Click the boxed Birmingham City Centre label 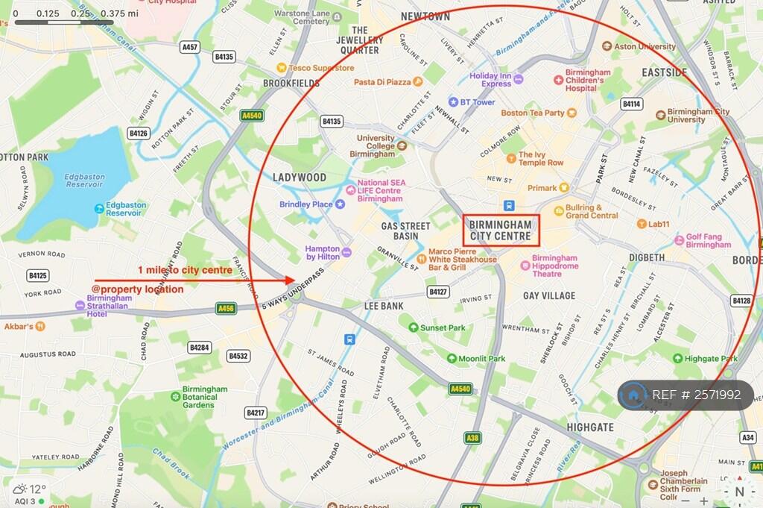(x=501, y=231)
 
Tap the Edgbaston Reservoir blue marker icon (x=99, y=208)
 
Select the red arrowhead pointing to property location (x=291, y=280)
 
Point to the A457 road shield (x=190, y=47)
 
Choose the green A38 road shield (x=472, y=438)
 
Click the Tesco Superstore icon (x=282, y=68)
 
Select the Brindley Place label (x=305, y=204)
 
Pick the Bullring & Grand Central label (x=592, y=212)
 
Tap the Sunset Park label (x=443, y=327)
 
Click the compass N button (x=739, y=492)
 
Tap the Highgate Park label (x=711, y=358)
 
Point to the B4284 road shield (x=199, y=348)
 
